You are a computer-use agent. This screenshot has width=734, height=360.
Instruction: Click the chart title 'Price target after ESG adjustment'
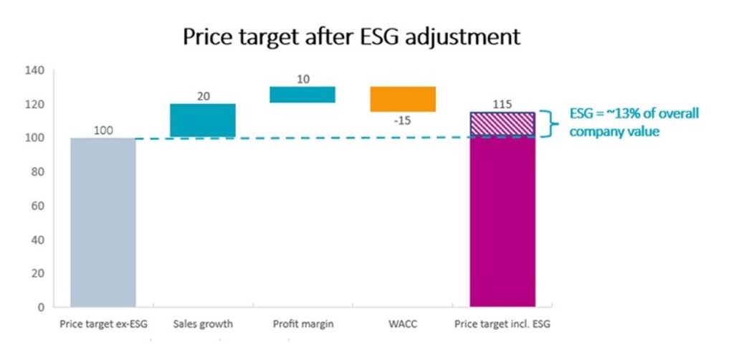tap(351, 37)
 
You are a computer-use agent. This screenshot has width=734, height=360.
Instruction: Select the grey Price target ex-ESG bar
tap(103, 222)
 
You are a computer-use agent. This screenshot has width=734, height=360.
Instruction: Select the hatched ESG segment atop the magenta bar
tap(502, 123)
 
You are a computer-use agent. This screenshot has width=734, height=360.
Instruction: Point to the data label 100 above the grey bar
tap(103, 131)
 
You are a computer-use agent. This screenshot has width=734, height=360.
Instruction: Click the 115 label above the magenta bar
tap(502, 105)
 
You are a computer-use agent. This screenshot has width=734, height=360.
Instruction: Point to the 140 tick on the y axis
tap(35, 70)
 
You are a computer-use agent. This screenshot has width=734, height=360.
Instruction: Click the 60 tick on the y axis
tap(38, 206)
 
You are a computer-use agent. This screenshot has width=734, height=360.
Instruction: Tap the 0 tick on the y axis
tap(41, 307)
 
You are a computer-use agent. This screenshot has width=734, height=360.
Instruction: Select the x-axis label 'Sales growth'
tap(203, 324)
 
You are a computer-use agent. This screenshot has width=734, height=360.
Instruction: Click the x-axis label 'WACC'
tap(402, 324)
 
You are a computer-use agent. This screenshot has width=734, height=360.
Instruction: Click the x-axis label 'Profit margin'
tap(302, 324)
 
